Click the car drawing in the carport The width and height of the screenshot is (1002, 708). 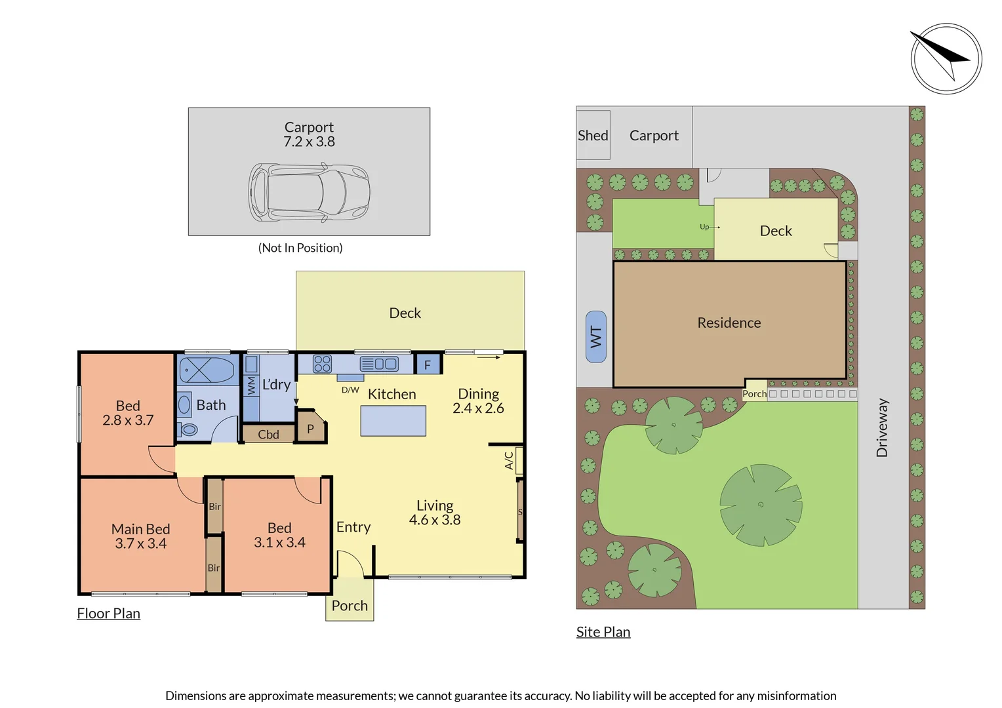point(309,192)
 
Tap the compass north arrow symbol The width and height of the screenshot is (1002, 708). point(946,58)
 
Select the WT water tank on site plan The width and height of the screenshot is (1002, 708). point(595,336)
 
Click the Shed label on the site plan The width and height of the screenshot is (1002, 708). point(593,135)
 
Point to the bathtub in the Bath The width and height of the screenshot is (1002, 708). point(207,370)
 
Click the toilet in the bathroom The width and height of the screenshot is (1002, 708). point(188,430)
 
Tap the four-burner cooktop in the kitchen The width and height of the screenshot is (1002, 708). point(322,364)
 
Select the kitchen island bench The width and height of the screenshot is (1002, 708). point(393,421)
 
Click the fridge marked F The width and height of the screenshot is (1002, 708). point(428,364)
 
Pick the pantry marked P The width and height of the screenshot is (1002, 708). point(310,429)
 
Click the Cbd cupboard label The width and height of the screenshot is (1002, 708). point(268,434)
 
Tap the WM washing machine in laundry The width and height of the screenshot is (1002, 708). point(251,384)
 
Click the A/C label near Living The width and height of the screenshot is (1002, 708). point(509,460)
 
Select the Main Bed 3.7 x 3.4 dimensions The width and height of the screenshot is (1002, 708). point(140,543)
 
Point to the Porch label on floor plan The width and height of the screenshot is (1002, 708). point(350,606)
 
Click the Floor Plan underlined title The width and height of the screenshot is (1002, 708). point(108,614)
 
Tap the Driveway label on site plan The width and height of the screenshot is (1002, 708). point(882,427)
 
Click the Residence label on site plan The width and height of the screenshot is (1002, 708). point(729,323)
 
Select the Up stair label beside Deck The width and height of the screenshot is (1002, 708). point(704,227)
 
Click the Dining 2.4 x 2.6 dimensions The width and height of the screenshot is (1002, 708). point(478,408)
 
